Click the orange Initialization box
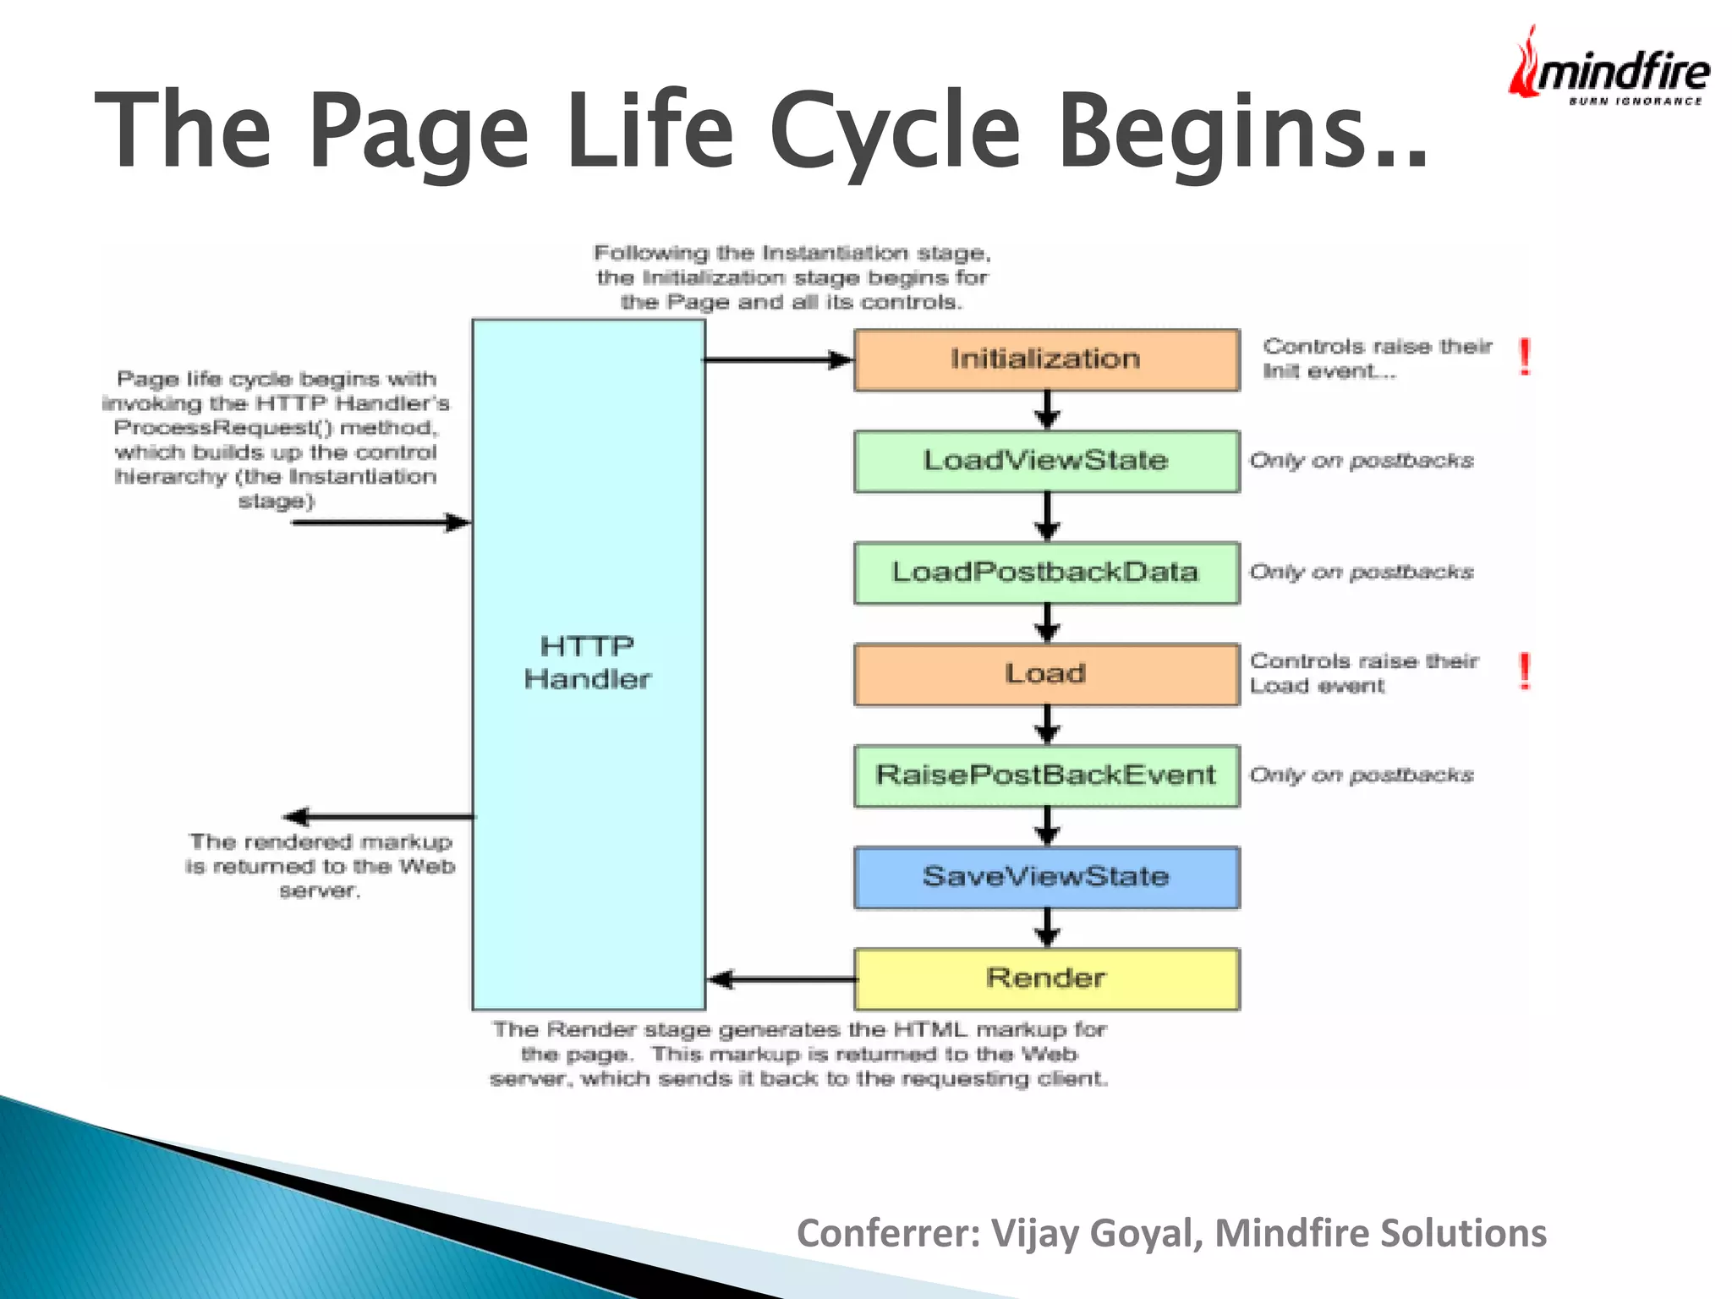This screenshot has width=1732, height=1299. click(1046, 360)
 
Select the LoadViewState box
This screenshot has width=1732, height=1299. click(1046, 462)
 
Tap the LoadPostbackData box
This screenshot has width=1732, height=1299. click(1046, 573)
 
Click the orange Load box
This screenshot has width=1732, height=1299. click(1046, 674)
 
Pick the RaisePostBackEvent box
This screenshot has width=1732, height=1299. click(1046, 776)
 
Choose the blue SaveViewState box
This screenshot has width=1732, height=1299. click(1046, 877)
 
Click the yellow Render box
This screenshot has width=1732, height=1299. click(1046, 978)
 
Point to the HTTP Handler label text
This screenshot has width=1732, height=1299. click(587, 663)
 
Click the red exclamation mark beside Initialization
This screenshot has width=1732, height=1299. click(1525, 357)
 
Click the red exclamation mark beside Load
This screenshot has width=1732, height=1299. click(1525, 671)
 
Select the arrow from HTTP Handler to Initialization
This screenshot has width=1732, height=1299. click(778, 360)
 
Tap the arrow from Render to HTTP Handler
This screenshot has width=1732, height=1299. click(782, 979)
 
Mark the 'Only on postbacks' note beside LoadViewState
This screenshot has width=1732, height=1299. click(1362, 461)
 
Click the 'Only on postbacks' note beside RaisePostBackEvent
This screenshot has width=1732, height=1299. click(1362, 776)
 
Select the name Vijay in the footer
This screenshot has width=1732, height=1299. click(1033, 1234)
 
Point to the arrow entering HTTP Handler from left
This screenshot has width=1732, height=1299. click(381, 523)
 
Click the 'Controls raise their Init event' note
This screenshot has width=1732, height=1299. click(1377, 359)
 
